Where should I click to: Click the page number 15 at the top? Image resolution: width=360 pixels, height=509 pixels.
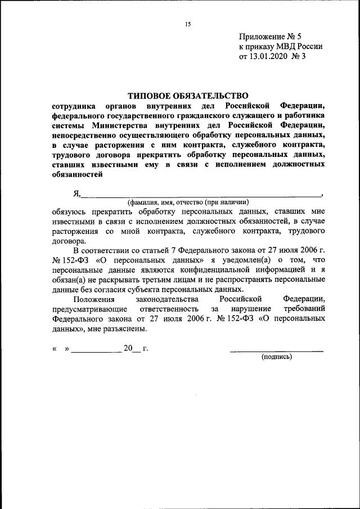pyautogui.click(x=188, y=24)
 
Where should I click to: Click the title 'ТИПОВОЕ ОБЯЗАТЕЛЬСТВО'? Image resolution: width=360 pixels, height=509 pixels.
pyautogui.click(x=188, y=96)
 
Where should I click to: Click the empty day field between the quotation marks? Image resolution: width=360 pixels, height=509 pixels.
pyautogui.click(x=61, y=349)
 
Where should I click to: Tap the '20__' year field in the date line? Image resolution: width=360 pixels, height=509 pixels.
pyautogui.click(x=131, y=349)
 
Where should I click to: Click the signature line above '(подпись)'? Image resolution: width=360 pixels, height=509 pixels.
pyautogui.click(x=276, y=350)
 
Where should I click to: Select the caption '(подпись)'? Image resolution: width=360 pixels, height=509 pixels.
pyautogui.click(x=276, y=357)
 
